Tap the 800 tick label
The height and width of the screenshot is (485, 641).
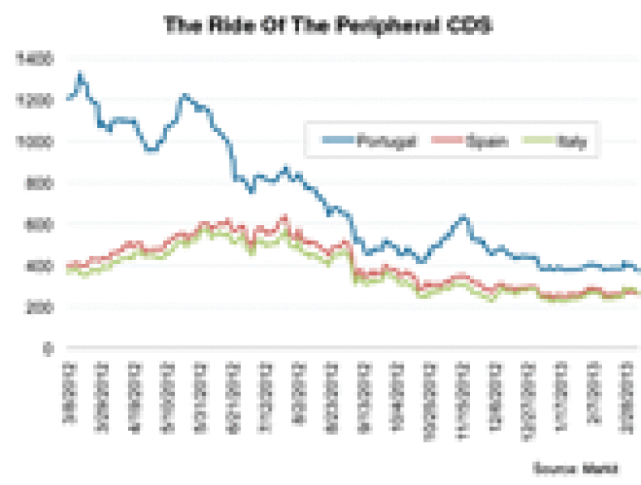point(39,182)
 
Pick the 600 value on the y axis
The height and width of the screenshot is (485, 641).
point(39,224)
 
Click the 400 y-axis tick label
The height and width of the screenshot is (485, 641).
point(39,265)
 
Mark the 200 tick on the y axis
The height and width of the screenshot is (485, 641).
point(39,307)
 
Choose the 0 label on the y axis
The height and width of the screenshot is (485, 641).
point(47,348)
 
